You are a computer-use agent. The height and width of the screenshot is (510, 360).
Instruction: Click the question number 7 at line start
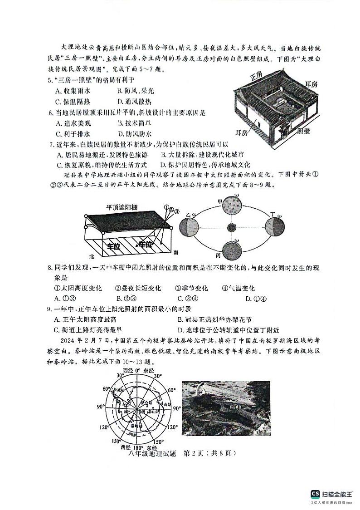(51, 145)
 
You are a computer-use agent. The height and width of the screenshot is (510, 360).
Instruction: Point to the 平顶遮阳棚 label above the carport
(122, 207)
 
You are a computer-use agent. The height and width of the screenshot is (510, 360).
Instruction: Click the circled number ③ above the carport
(177, 210)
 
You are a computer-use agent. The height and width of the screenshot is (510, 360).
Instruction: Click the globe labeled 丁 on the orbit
(275, 226)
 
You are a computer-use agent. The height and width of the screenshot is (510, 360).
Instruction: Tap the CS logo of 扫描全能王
(315, 494)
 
